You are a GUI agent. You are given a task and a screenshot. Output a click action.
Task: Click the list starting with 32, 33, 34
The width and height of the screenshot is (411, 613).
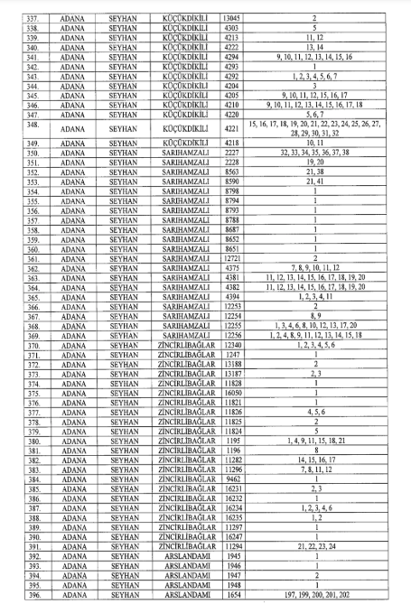[x=325, y=153]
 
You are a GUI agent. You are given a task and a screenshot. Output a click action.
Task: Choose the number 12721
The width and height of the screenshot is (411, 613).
[x=229, y=257]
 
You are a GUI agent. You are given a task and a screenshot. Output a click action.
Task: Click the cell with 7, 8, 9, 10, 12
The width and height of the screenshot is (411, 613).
[x=325, y=267]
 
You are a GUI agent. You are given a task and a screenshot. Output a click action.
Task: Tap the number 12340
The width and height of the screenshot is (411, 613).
[x=229, y=344]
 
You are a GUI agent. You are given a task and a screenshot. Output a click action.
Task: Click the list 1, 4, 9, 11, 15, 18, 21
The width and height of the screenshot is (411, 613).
[x=325, y=441]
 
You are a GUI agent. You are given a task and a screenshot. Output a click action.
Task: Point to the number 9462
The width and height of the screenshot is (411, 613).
[x=229, y=478]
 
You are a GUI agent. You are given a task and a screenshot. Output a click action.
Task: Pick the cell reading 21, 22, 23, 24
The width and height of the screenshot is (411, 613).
[x=325, y=546]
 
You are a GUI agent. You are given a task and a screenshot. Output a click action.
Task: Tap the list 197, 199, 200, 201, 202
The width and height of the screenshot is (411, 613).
[x=325, y=595]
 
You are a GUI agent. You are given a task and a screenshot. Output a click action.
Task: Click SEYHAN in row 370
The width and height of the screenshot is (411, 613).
[x=126, y=344]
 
